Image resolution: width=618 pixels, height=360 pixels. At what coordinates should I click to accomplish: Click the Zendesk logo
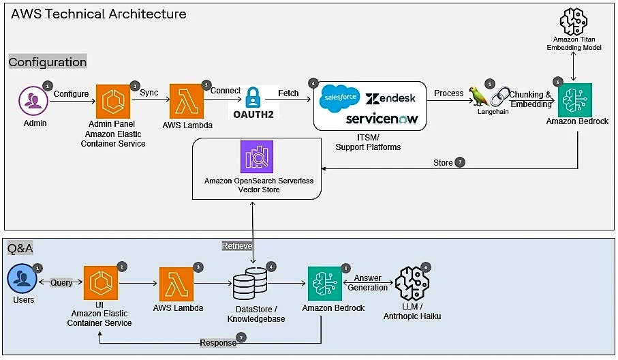pos(390,98)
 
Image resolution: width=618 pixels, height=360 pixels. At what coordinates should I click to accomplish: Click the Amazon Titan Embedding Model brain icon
pos(575,21)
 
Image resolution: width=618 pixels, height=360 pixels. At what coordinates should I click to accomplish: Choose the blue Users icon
pos(22,280)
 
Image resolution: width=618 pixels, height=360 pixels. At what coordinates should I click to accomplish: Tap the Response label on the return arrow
pos(218,342)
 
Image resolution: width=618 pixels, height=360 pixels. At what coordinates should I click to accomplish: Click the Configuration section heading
pos(48,62)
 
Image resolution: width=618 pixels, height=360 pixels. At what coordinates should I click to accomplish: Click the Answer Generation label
pos(368,283)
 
